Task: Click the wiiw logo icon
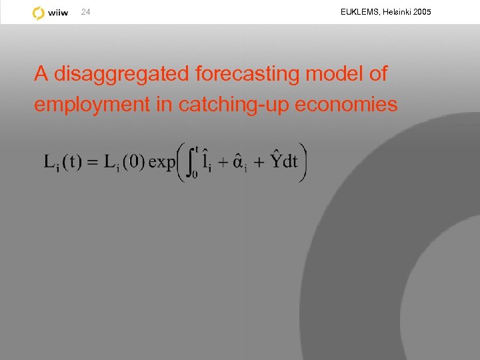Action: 39,13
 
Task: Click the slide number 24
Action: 85,12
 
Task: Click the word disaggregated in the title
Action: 121,74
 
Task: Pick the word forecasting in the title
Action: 247,74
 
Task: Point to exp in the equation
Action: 162,162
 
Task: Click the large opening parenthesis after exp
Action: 181,162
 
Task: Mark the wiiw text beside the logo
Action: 59,13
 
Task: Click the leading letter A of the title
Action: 41,74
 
